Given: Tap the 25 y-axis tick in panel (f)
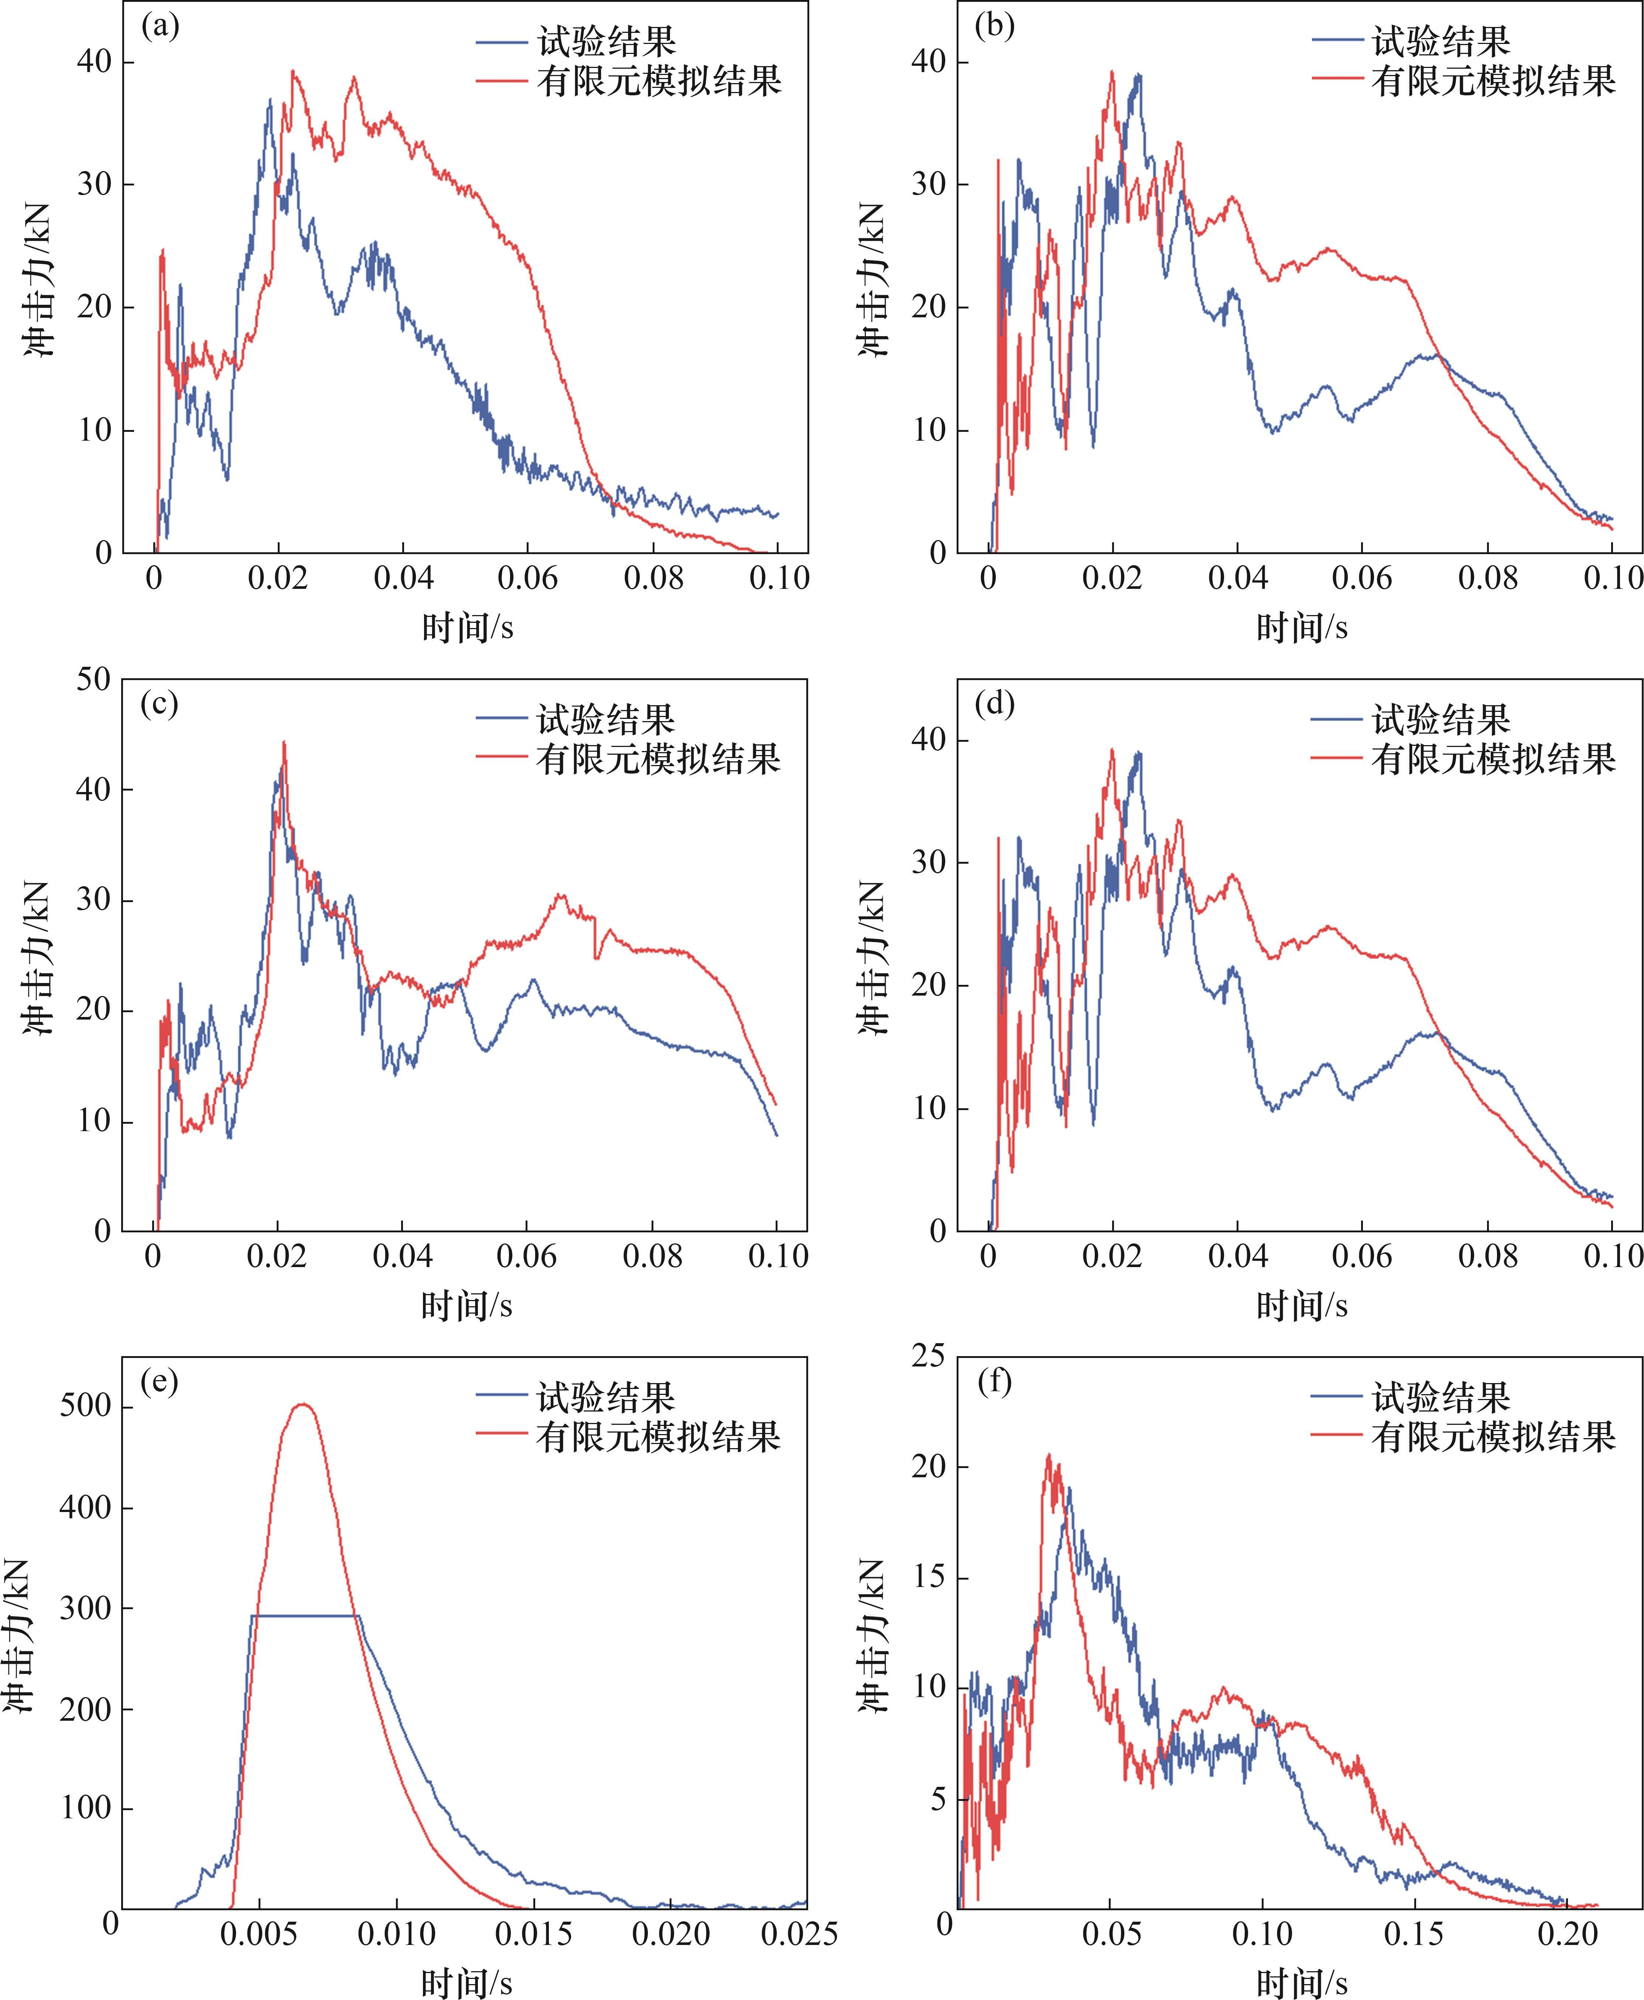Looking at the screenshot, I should (928, 1357).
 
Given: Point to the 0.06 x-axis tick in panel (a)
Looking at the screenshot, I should (527, 578).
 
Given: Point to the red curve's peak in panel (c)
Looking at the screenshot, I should (283, 743).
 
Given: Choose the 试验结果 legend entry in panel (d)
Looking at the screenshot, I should (1440, 720).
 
